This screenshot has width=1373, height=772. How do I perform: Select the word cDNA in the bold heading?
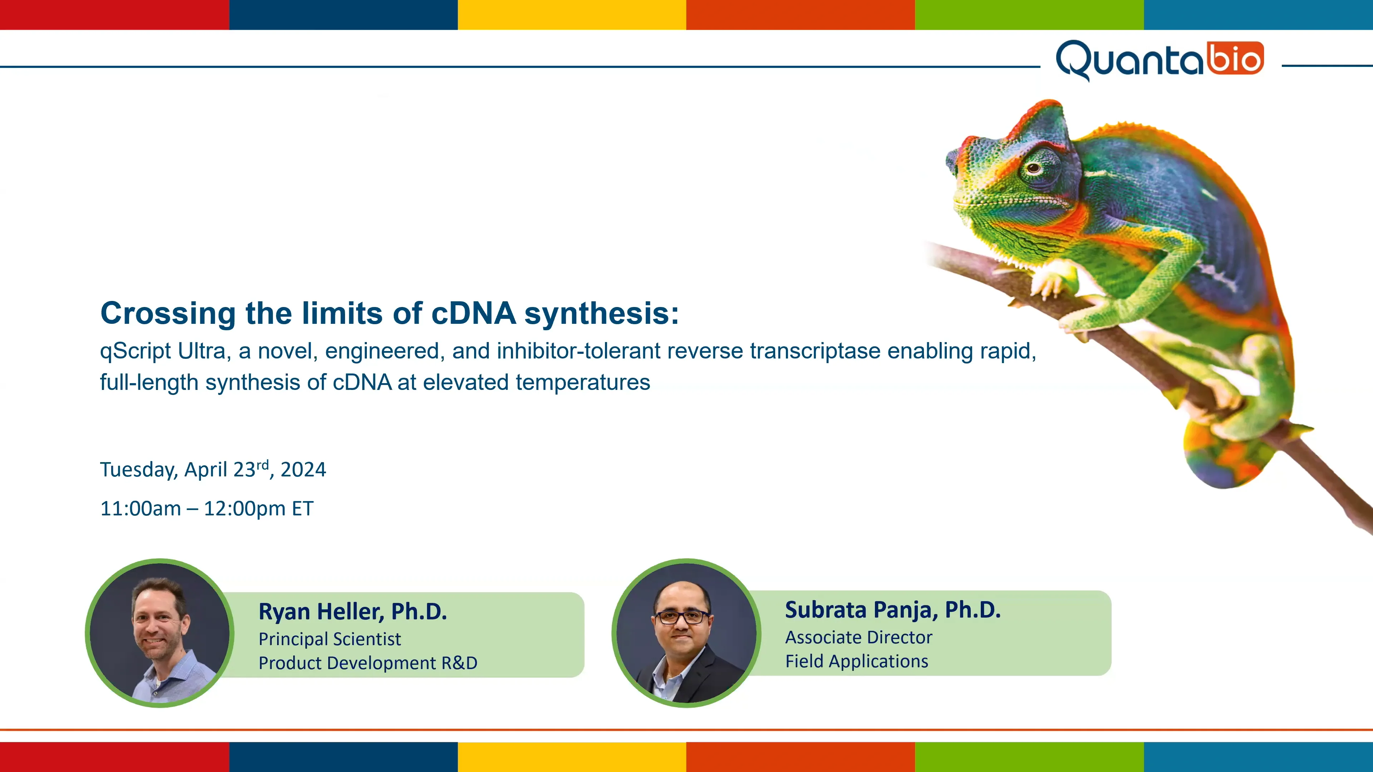click(473, 313)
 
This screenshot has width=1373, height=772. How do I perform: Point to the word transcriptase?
click(815, 351)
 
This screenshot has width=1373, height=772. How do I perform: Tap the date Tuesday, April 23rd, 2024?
click(213, 469)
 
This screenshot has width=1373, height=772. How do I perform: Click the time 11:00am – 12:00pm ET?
click(207, 509)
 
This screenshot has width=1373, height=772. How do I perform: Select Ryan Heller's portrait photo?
click(159, 633)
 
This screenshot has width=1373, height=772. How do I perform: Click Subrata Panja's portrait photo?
click(686, 633)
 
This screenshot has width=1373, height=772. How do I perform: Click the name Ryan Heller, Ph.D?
click(352, 612)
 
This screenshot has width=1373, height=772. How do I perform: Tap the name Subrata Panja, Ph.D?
click(893, 610)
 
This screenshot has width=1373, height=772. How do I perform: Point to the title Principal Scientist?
click(329, 639)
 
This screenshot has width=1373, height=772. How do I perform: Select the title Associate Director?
click(858, 637)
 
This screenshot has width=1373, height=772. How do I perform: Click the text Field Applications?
click(857, 661)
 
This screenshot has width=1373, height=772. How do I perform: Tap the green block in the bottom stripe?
click(1029, 757)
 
